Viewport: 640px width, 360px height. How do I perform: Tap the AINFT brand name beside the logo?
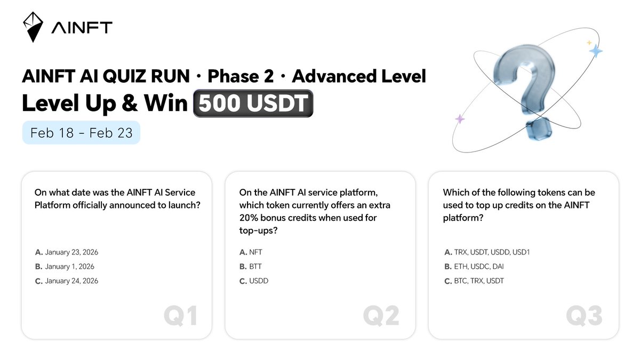(82, 28)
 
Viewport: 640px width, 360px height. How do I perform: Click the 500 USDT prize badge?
(253, 103)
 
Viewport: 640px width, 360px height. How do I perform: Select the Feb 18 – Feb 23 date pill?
(81, 133)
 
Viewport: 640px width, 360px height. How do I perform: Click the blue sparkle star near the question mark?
(595, 51)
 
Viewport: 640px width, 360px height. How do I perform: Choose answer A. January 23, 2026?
(67, 252)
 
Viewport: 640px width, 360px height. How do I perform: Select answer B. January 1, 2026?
(65, 267)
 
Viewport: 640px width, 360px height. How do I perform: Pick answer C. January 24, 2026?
(67, 281)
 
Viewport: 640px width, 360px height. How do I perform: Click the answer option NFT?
(251, 252)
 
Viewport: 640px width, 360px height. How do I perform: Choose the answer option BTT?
(251, 267)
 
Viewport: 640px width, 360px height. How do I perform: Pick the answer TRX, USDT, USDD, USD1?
(487, 252)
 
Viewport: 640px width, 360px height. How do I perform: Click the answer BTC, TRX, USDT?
(474, 281)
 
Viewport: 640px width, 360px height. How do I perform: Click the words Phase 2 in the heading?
(241, 77)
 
